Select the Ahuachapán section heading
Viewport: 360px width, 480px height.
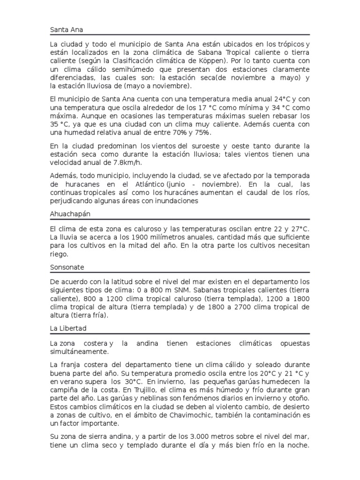tap(70, 214)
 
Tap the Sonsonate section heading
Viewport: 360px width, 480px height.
tap(67, 267)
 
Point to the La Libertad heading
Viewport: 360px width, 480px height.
tap(68, 328)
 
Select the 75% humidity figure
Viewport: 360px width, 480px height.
tap(196, 133)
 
